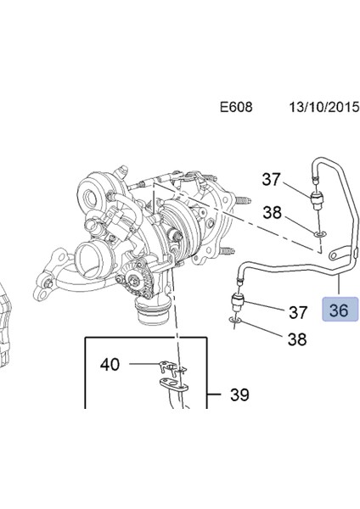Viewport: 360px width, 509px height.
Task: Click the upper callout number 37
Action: [271, 179]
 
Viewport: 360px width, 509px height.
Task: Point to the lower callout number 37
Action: [297, 313]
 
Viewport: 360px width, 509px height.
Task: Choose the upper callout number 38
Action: [271, 214]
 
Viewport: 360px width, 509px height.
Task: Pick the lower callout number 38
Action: [297, 339]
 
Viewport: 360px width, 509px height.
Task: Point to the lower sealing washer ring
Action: [235, 322]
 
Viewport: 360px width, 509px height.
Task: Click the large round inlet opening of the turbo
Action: [93, 259]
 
